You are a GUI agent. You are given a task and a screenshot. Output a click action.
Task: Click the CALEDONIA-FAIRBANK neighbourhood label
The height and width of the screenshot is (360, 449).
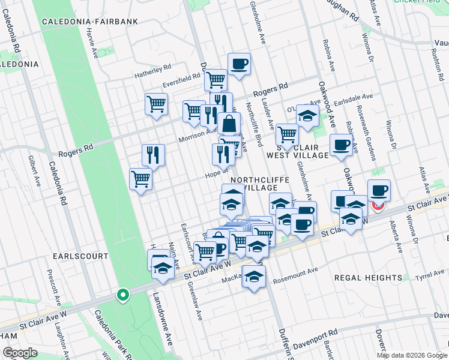pyautogui.click(x=90, y=22)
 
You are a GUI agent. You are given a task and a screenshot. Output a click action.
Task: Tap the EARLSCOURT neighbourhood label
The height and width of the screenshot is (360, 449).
pyautogui.click(x=80, y=256)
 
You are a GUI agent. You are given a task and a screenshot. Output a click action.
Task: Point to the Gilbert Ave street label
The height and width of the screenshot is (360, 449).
pyautogui.click(x=32, y=170)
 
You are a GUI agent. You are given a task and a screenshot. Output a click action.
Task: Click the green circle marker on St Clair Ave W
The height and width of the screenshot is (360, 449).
pyautogui.click(x=122, y=295)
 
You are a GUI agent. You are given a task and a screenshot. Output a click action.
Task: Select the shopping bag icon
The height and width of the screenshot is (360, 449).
pyautogui.click(x=229, y=124)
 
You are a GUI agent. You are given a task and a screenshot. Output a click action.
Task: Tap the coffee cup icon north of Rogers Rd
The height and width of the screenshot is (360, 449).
pyautogui.click(x=239, y=64)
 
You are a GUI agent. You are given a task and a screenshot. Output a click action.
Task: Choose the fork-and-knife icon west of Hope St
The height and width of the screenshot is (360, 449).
pyautogui.click(x=153, y=155)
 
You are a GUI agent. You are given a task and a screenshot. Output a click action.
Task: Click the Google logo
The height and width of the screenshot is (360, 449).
pyautogui.click(x=20, y=353)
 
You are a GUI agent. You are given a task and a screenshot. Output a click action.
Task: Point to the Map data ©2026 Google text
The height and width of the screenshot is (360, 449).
pyautogui.click(x=412, y=355)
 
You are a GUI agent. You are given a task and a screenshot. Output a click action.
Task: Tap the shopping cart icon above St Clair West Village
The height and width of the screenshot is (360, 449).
pyautogui.click(x=287, y=135)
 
